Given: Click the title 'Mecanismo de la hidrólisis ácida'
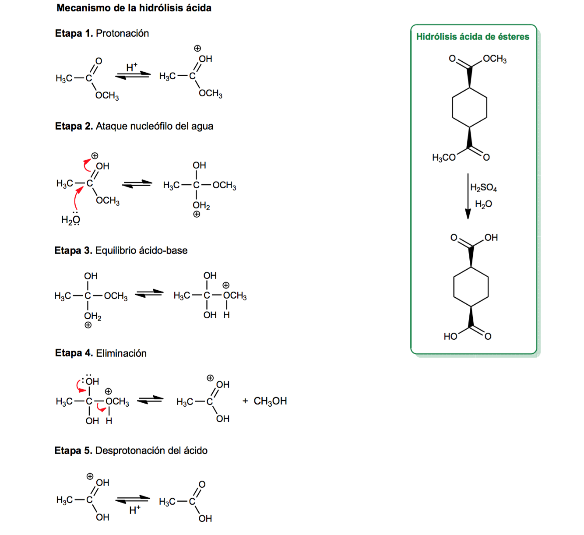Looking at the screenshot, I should click(134, 8).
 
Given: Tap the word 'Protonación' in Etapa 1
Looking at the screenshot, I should click(122, 33).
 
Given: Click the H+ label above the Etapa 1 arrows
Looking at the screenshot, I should click(131, 67).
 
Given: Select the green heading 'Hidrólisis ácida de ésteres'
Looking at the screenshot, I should click(472, 37).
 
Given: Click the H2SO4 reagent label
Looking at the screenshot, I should click(483, 188).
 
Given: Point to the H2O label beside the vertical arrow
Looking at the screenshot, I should click(483, 204).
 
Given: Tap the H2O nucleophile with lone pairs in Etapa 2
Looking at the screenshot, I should click(70, 219).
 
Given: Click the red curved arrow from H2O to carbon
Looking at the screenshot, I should click(77, 199).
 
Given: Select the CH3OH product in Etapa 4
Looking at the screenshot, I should click(270, 401).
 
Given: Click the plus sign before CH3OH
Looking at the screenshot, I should click(245, 401).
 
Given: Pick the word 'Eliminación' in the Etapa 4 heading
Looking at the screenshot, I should click(121, 353).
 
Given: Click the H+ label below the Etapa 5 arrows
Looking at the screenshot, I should click(135, 510).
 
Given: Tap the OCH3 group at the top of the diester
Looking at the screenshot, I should click(495, 59).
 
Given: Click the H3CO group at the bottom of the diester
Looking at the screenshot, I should click(443, 158).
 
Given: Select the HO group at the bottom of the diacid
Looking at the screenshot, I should click(450, 336).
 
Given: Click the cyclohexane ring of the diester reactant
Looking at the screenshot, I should click(469, 108).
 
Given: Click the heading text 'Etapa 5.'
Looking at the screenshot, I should click(73, 451).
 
